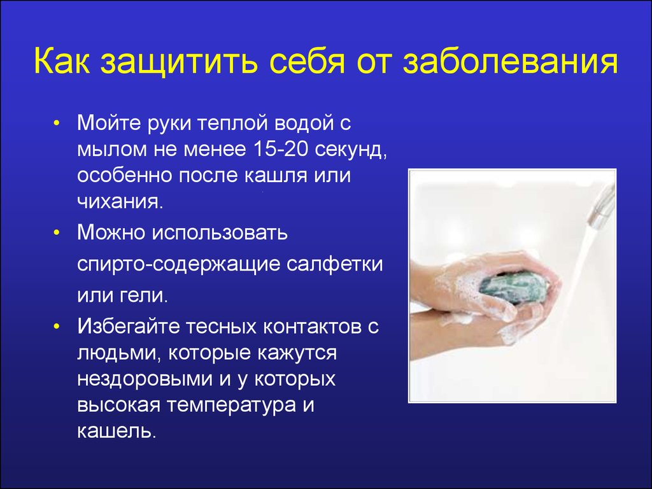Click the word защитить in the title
click(x=178, y=62)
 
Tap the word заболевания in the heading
click(x=510, y=62)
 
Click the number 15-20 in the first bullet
click(x=279, y=149)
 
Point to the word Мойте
click(x=109, y=123)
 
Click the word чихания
click(x=120, y=202)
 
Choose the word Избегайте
click(x=129, y=327)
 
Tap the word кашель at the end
click(x=117, y=431)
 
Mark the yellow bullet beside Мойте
click(x=57, y=124)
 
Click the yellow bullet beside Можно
click(x=57, y=233)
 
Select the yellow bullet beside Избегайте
click(x=57, y=327)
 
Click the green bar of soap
click(x=513, y=288)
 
